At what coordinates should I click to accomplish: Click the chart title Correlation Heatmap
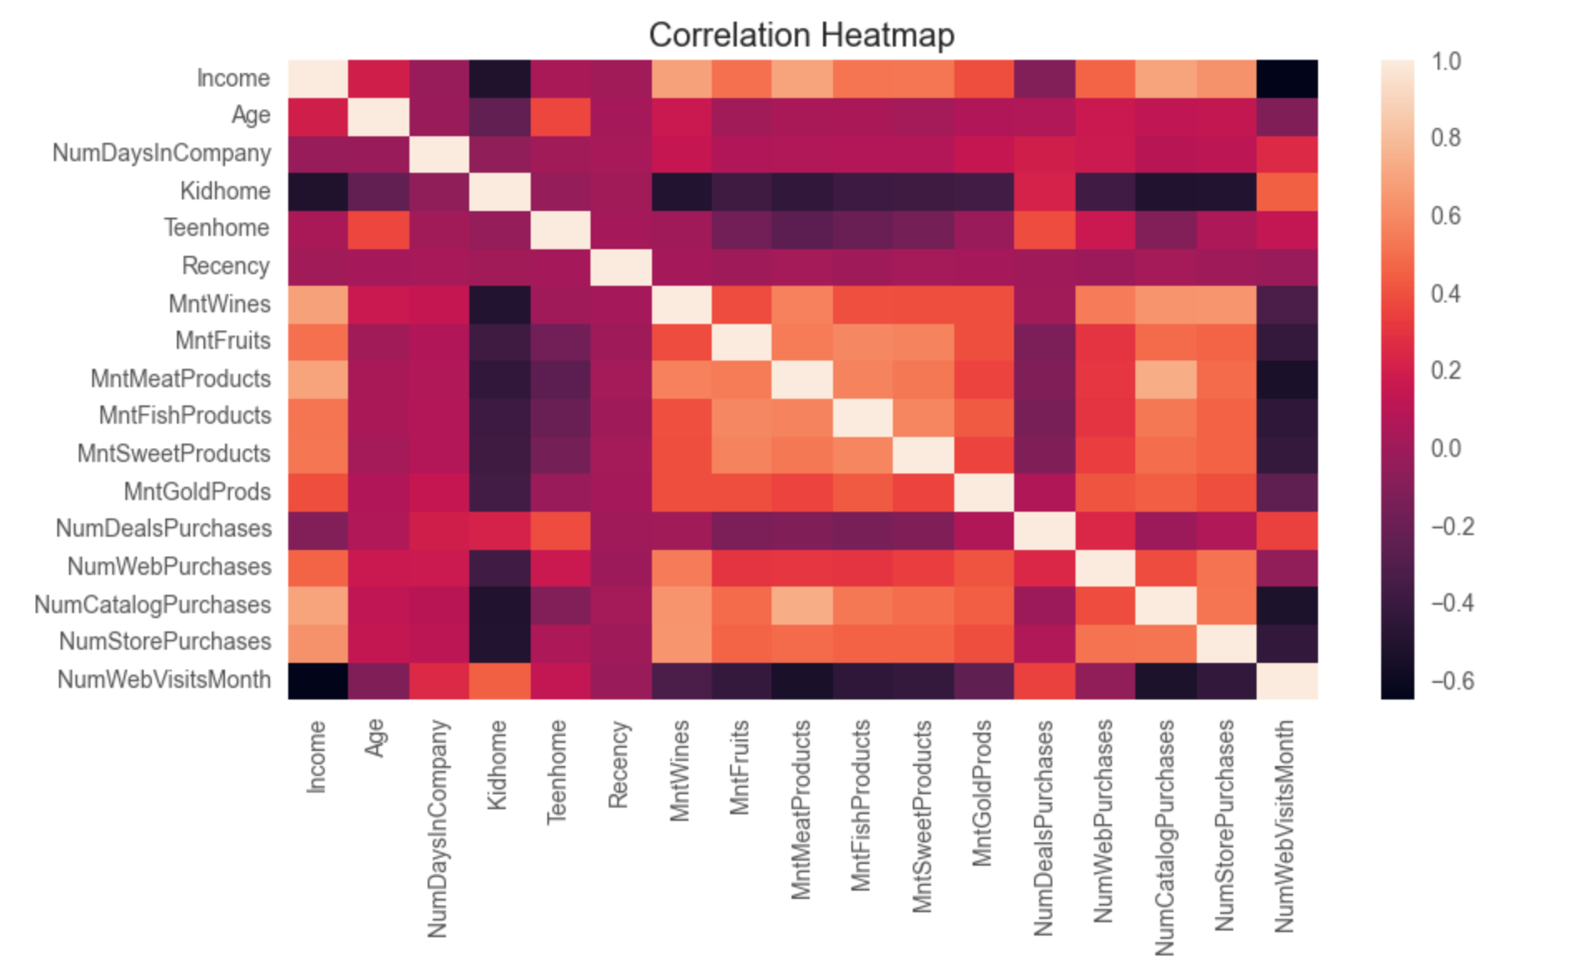tap(801, 36)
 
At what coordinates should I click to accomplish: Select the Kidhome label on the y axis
tap(225, 191)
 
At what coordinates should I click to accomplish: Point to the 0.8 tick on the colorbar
tap(1446, 138)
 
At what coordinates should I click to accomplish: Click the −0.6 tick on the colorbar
tap(1452, 681)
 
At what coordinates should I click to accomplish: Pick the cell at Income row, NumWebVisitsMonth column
tap(1287, 78)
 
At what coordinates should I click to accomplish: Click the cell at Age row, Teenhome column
tap(561, 116)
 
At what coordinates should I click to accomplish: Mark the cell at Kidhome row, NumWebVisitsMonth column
tap(1287, 191)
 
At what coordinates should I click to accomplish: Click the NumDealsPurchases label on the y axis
tap(164, 528)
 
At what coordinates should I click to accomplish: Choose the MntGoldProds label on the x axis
tap(982, 793)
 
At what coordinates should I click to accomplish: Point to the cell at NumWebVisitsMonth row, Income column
tap(318, 680)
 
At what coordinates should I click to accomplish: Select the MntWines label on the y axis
tap(219, 304)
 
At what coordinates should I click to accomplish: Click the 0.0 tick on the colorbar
tap(1446, 449)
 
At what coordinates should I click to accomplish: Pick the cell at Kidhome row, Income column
tap(318, 191)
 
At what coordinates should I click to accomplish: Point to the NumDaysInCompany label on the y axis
tap(161, 154)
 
